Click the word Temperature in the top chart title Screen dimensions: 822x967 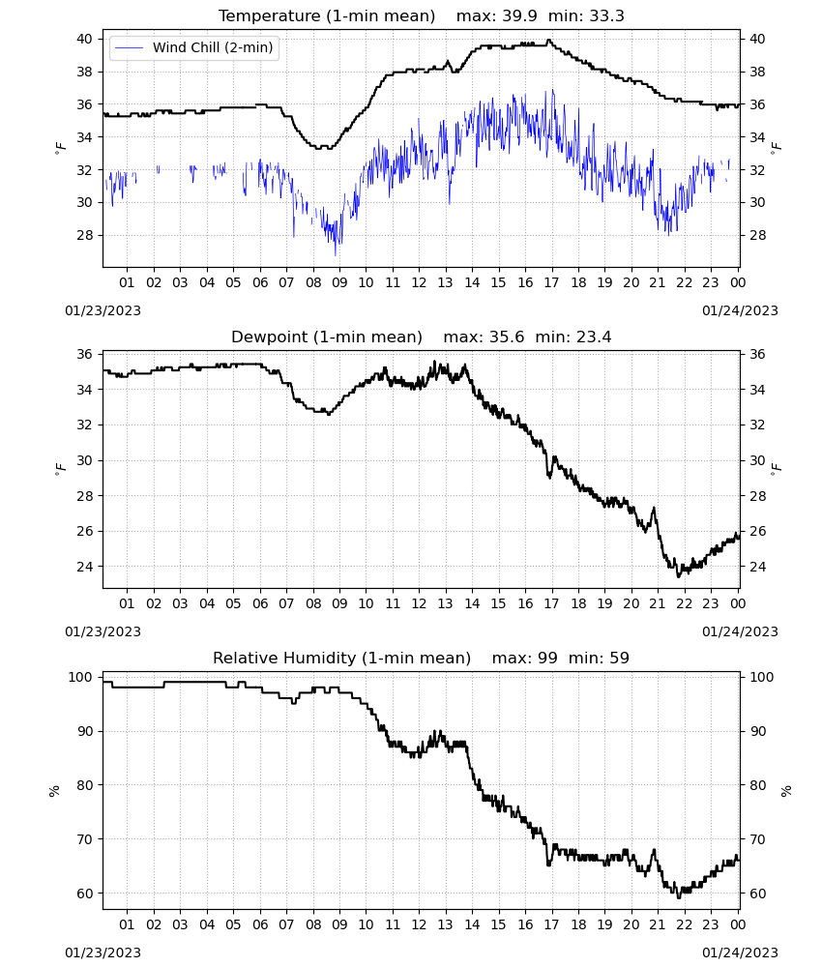point(270,15)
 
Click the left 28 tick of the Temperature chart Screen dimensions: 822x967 point(84,235)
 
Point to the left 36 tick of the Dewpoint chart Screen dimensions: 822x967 point(84,354)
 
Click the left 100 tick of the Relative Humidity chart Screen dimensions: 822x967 point(80,677)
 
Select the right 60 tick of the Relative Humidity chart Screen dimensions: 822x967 point(757,894)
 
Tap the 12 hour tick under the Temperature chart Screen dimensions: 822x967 point(420,282)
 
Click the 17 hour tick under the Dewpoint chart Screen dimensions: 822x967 point(552,603)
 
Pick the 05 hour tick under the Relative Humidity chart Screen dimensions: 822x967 point(233,924)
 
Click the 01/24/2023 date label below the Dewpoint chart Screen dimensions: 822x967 point(740,631)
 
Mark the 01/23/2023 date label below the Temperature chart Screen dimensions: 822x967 point(103,310)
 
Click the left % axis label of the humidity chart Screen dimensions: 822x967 point(55,791)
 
